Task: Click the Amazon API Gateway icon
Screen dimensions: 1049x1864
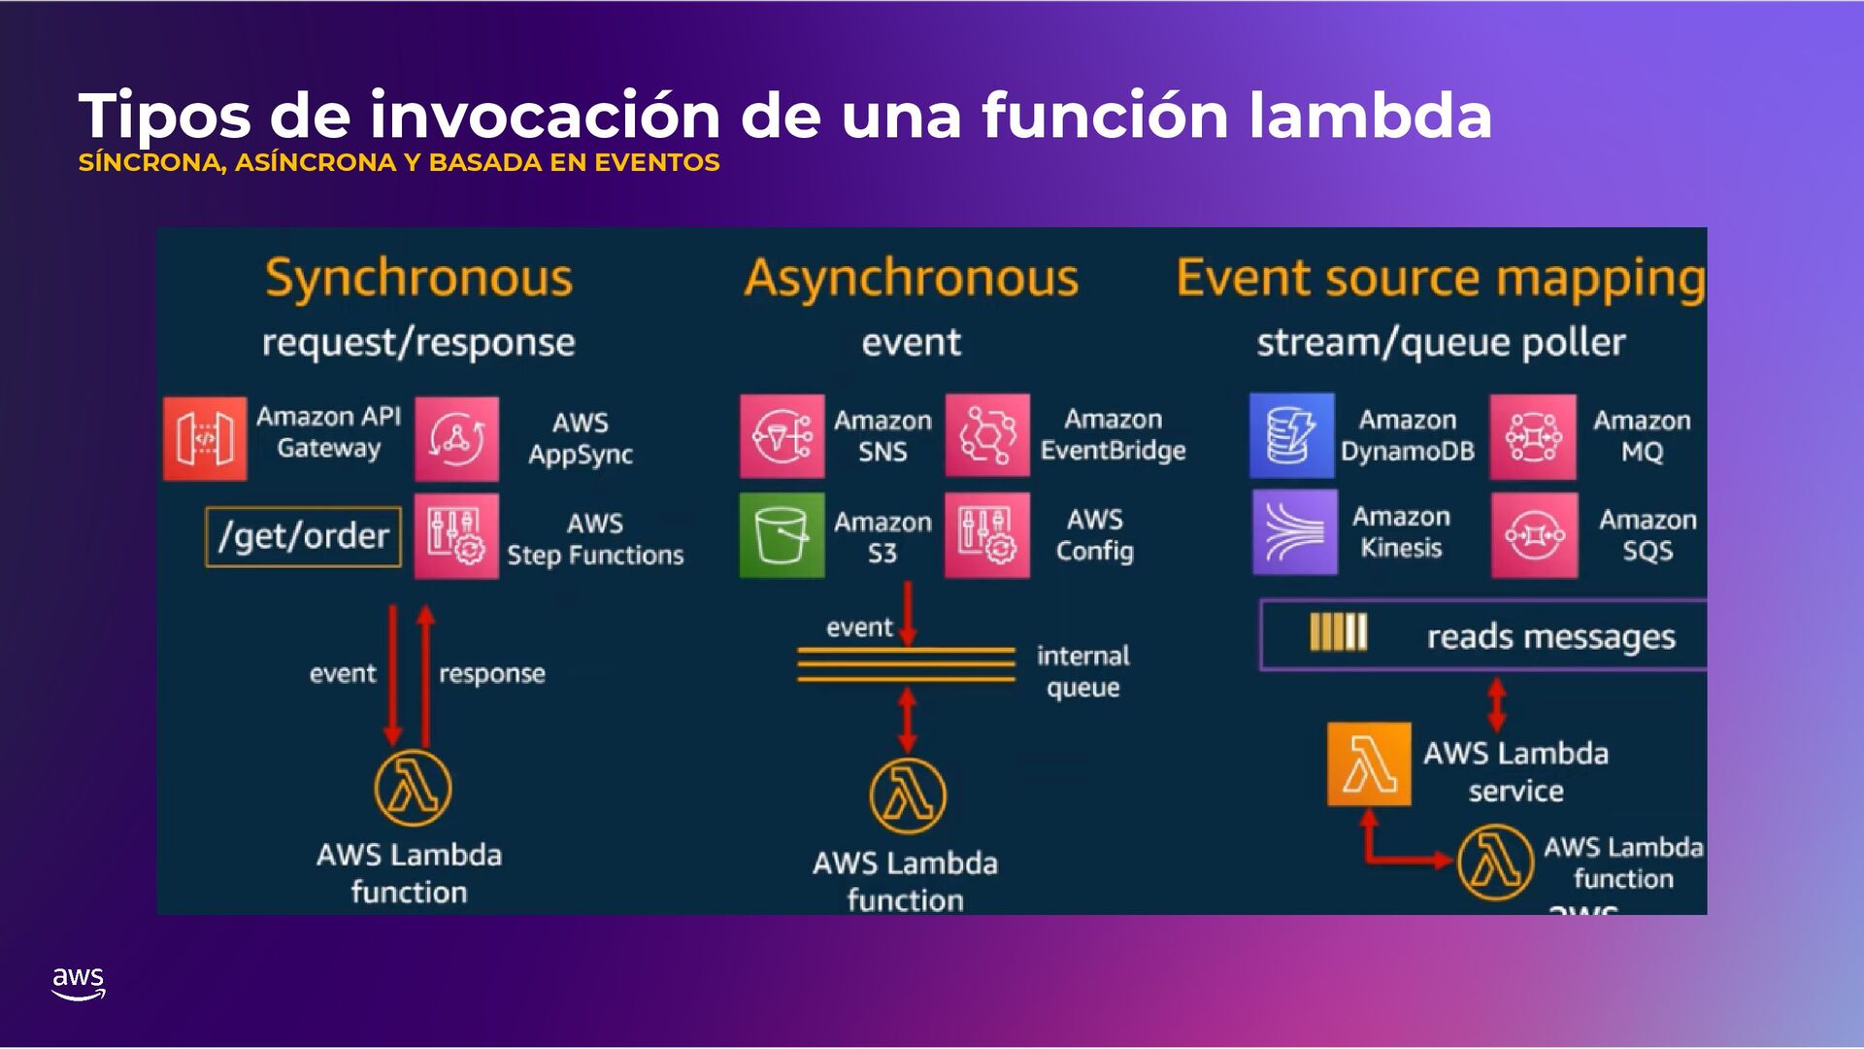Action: (205, 438)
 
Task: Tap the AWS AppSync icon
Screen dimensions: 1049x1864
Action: (456, 438)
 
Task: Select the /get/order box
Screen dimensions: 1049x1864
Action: (304, 536)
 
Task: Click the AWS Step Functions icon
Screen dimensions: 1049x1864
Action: (456, 536)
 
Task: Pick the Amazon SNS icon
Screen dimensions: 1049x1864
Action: (782, 436)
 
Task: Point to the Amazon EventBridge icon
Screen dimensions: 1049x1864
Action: (987, 436)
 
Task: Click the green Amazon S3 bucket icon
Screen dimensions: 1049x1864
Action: (782, 535)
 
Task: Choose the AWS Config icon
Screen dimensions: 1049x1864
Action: (987, 535)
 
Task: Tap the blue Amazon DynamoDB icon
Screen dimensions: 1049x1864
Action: (1291, 436)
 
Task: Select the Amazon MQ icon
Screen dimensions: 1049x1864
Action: (1533, 437)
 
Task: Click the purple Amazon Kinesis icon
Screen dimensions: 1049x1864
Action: (1294, 532)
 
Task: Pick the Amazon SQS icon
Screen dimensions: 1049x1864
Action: (1534, 535)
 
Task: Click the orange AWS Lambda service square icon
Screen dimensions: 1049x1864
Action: (1369, 764)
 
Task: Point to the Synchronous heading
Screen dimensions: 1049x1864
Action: (418, 279)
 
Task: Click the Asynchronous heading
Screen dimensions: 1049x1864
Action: (911, 279)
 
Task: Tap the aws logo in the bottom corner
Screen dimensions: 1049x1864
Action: (79, 983)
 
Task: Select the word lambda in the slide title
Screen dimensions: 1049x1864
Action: (1370, 116)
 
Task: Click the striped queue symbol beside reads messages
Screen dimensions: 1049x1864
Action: (1338, 632)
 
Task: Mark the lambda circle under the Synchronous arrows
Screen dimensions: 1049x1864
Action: (413, 788)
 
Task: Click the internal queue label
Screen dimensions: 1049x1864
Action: (1082, 671)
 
